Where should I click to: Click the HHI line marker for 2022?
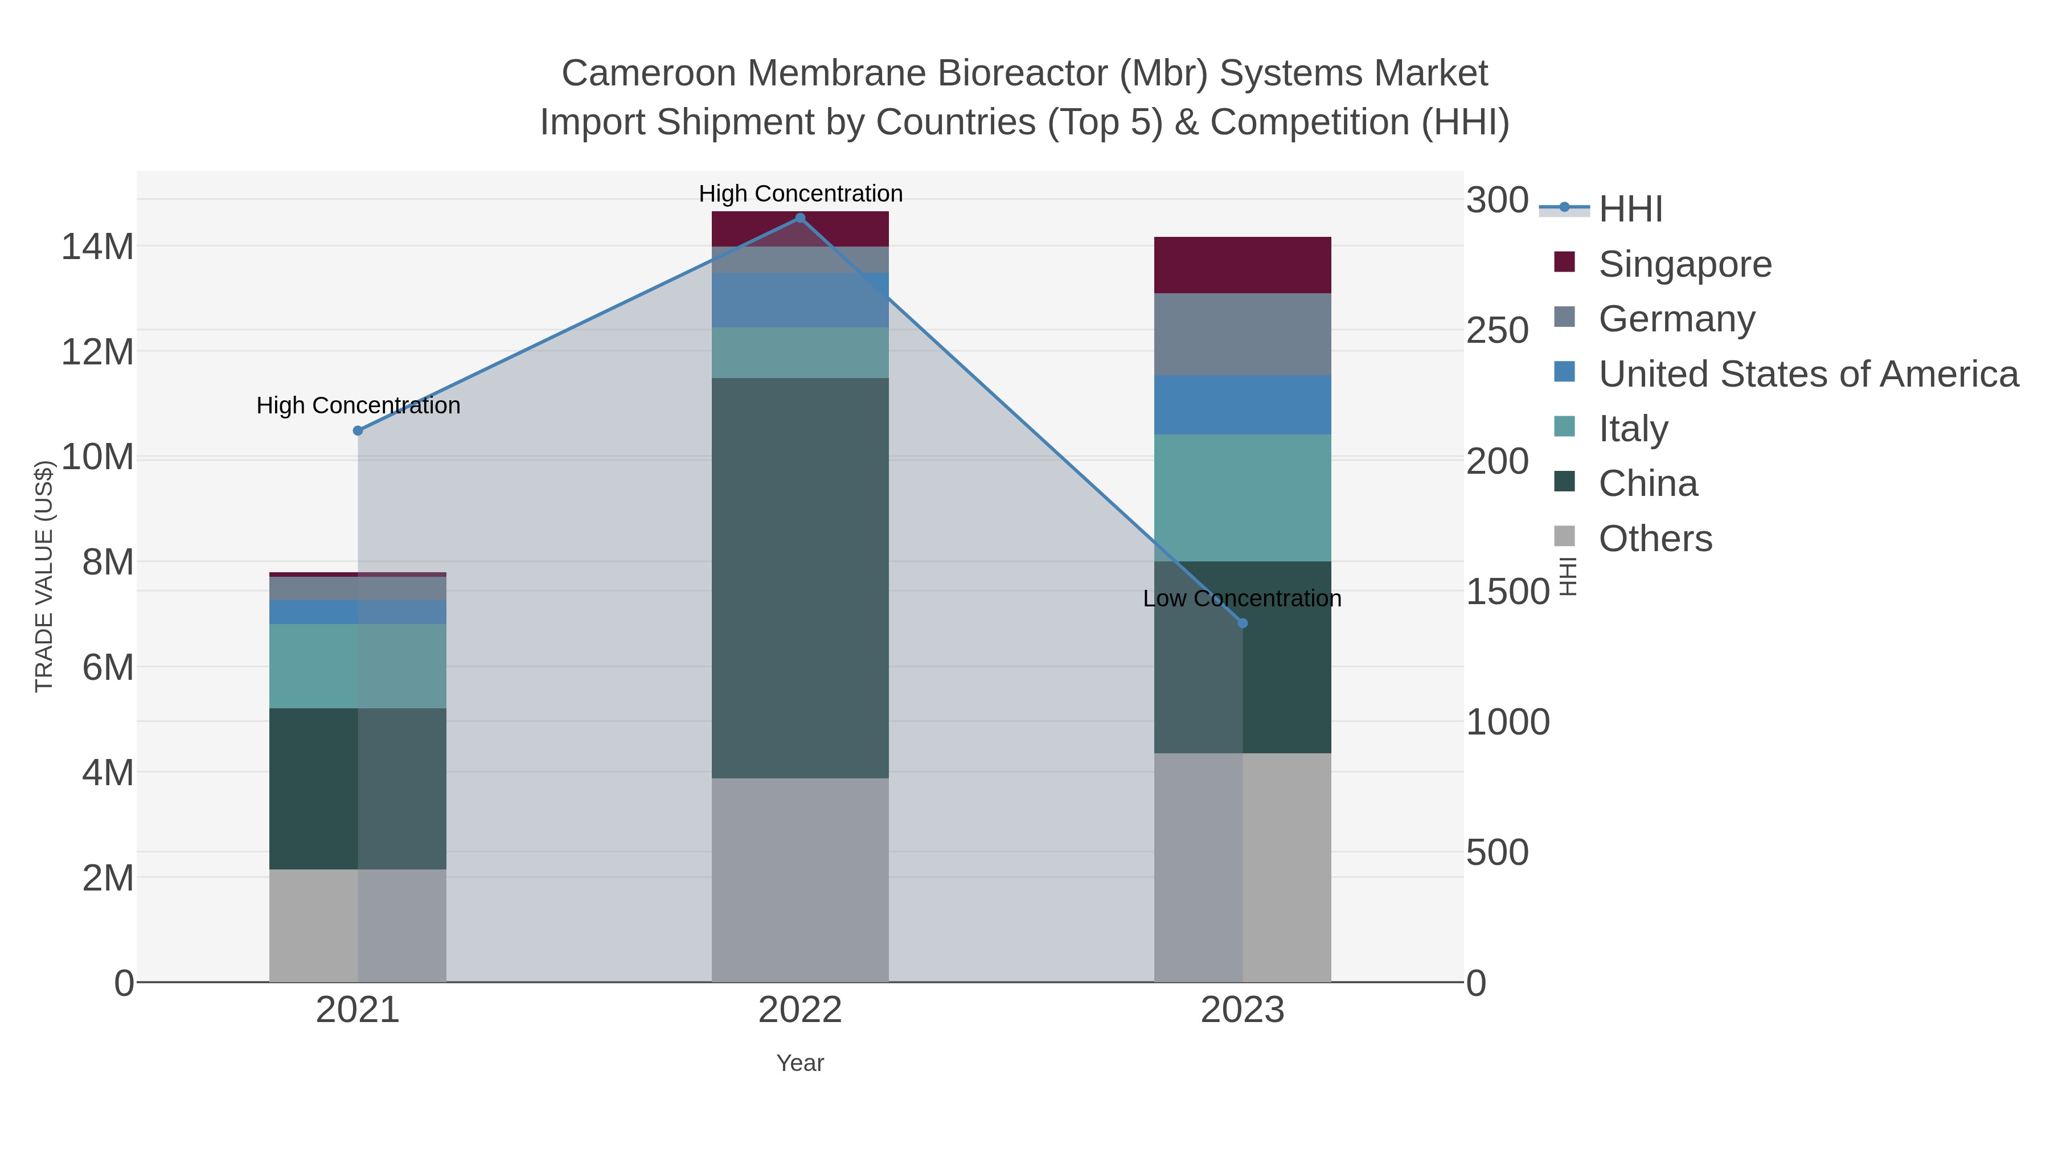pyautogui.click(x=800, y=218)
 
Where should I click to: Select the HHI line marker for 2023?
pyautogui.click(x=1243, y=623)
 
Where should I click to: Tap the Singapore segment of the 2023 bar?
pyautogui.click(x=1243, y=265)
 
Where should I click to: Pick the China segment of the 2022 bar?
pyautogui.click(x=800, y=578)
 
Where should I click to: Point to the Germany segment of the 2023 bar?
pyautogui.click(x=1243, y=334)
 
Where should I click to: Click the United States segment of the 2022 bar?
pyautogui.click(x=800, y=300)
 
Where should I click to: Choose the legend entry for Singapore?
pyautogui.click(x=1685, y=264)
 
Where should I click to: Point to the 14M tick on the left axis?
pyautogui.click(x=97, y=247)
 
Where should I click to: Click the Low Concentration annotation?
pyautogui.click(x=1241, y=598)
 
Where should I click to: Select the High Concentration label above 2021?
pyautogui.click(x=358, y=406)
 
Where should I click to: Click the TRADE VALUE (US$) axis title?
pyautogui.click(x=44, y=576)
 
